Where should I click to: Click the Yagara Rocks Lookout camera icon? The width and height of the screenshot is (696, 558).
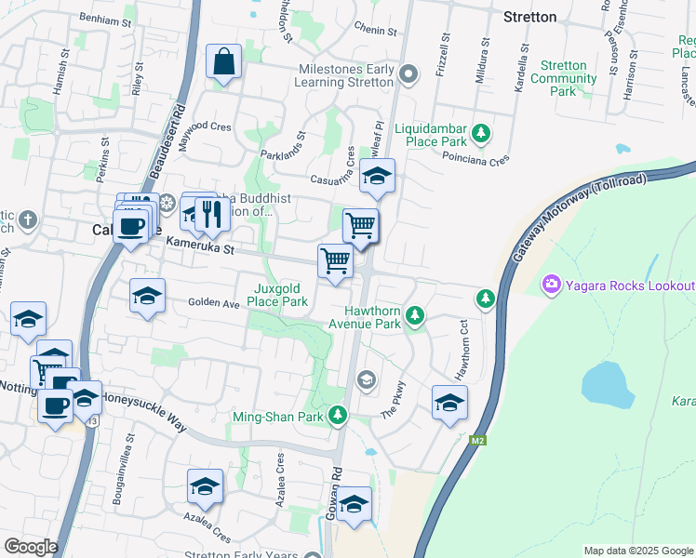coord(552,283)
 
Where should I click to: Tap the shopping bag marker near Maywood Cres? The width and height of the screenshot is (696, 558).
coord(224,63)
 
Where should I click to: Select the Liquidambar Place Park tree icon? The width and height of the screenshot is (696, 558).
coord(481,134)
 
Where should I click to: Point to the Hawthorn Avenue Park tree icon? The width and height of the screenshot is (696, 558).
coord(415,317)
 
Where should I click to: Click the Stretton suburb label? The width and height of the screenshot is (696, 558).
coord(529,17)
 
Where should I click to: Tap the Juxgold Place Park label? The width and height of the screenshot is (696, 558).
coord(281,296)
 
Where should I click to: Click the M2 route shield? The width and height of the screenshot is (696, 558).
coord(478,440)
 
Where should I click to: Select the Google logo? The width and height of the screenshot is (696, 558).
coord(31,546)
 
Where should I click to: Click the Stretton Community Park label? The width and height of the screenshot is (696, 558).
coord(563,78)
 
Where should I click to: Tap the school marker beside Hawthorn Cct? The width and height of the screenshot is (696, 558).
coord(449,404)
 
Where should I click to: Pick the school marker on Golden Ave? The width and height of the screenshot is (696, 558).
coord(147,297)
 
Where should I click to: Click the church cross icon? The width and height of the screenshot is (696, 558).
coord(29,220)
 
